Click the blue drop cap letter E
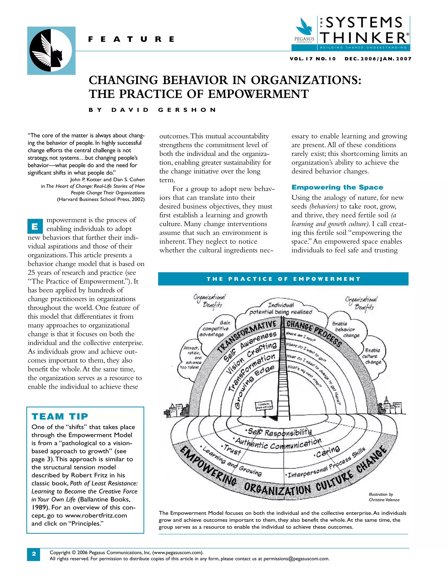pos(35,226)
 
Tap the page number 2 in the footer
pos(34,554)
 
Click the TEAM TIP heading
pos(60,416)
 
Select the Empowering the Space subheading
pos(337,187)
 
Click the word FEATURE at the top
pos(131,39)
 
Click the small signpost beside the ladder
pos(264,406)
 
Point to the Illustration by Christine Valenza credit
pos(384,497)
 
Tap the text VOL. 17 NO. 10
pos(313,59)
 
